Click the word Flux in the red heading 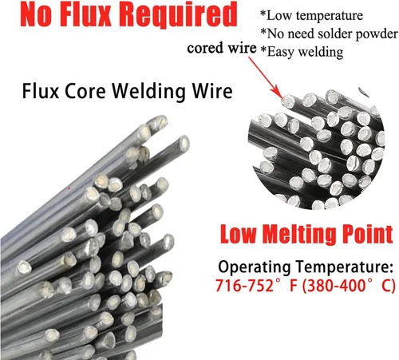[x=85, y=14]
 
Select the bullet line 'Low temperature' [x=311, y=15]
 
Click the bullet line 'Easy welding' [x=302, y=52]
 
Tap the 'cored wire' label [x=222, y=49]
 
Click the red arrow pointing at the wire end [x=265, y=77]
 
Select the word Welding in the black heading [x=148, y=92]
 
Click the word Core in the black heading [x=85, y=92]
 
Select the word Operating [x=254, y=267]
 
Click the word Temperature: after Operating [x=344, y=267]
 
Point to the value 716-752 [x=244, y=286]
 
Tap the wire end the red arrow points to [x=288, y=101]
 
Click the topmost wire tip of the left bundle [x=160, y=122]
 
